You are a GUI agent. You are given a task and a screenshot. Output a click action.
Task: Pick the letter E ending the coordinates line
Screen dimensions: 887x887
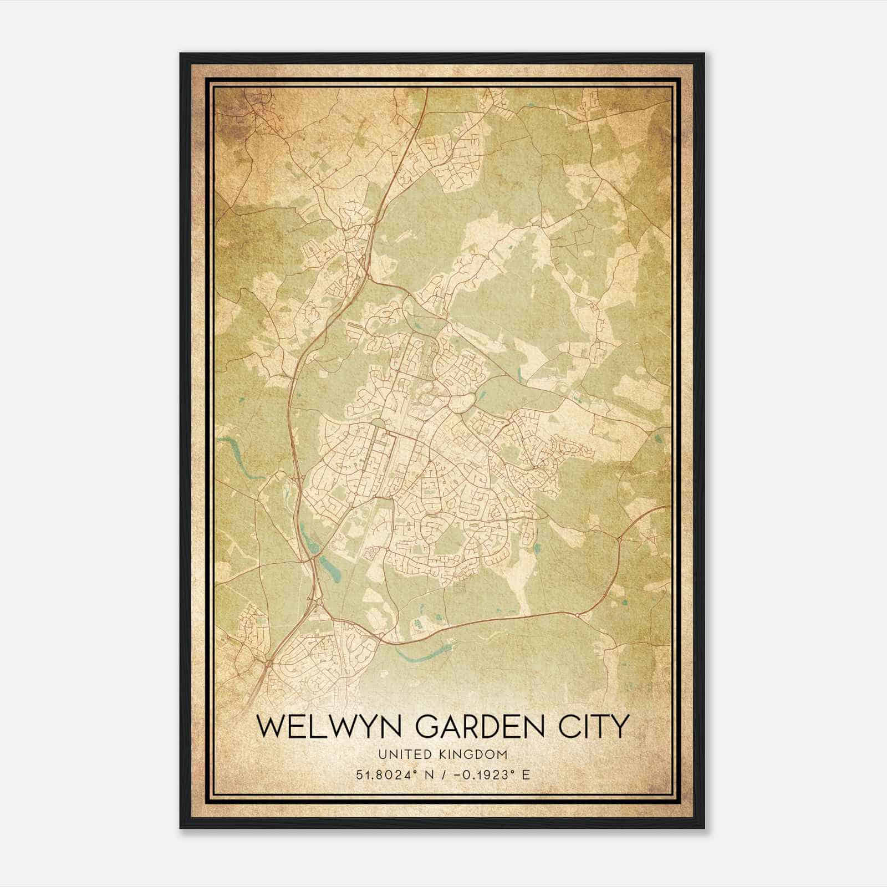(x=526, y=774)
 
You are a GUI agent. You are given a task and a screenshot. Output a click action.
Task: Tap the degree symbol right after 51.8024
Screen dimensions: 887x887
(x=413, y=771)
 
